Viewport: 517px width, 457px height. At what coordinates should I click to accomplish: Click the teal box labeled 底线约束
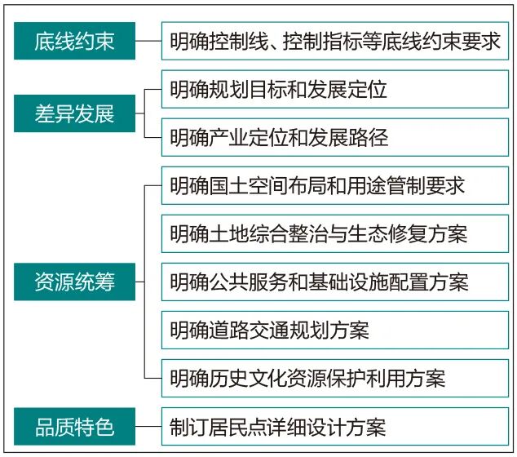pos(74,41)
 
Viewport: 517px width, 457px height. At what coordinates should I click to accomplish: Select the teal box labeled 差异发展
pos(74,113)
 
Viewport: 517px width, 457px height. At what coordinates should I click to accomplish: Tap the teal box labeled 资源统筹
pos(74,282)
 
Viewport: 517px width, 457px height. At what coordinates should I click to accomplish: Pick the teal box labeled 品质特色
pos(74,426)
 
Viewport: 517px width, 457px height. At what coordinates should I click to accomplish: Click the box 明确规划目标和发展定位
pos(335,89)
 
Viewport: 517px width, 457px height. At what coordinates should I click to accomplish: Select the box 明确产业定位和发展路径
pos(335,137)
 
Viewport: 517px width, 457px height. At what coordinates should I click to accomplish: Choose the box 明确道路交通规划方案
pos(335,330)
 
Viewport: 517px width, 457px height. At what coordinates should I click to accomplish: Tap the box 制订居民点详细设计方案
pos(335,426)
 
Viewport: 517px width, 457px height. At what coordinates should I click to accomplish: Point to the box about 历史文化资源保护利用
pos(335,378)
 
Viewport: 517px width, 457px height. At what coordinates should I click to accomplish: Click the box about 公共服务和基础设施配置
pos(335,282)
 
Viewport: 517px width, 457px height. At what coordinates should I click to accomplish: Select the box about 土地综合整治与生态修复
pos(335,233)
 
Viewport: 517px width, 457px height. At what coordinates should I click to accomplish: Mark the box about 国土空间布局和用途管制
pos(335,185)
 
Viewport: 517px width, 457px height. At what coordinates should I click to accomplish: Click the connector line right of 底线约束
pos(148,41)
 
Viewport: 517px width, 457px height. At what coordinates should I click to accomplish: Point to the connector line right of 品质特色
pos(148,426)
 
